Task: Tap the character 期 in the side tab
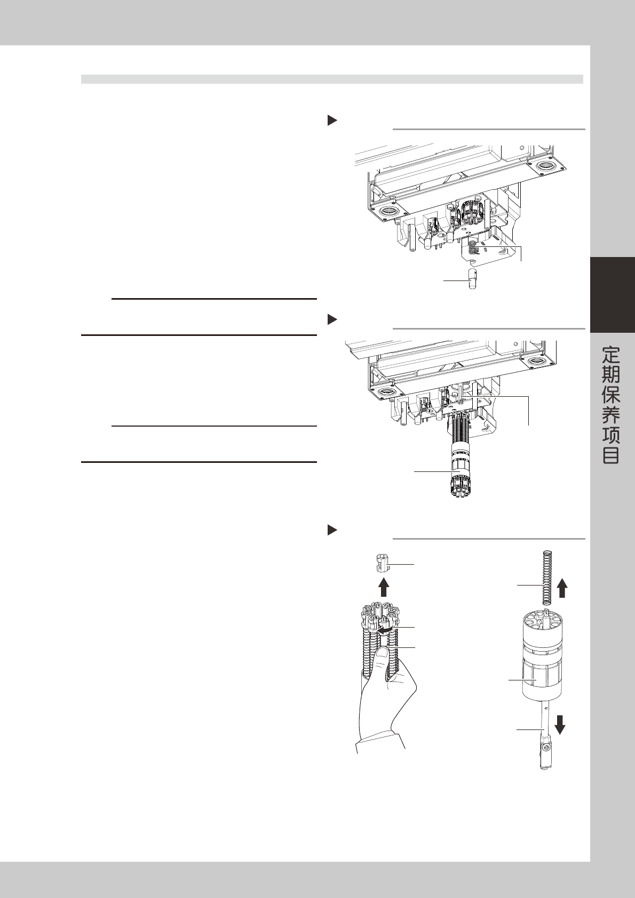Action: [612, 375]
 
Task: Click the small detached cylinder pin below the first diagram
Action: [472, 280]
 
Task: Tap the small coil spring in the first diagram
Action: [473, 248]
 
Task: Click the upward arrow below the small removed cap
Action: [383, 587]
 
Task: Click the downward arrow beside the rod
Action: [560, 724]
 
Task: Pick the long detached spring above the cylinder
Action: [546, 578]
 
